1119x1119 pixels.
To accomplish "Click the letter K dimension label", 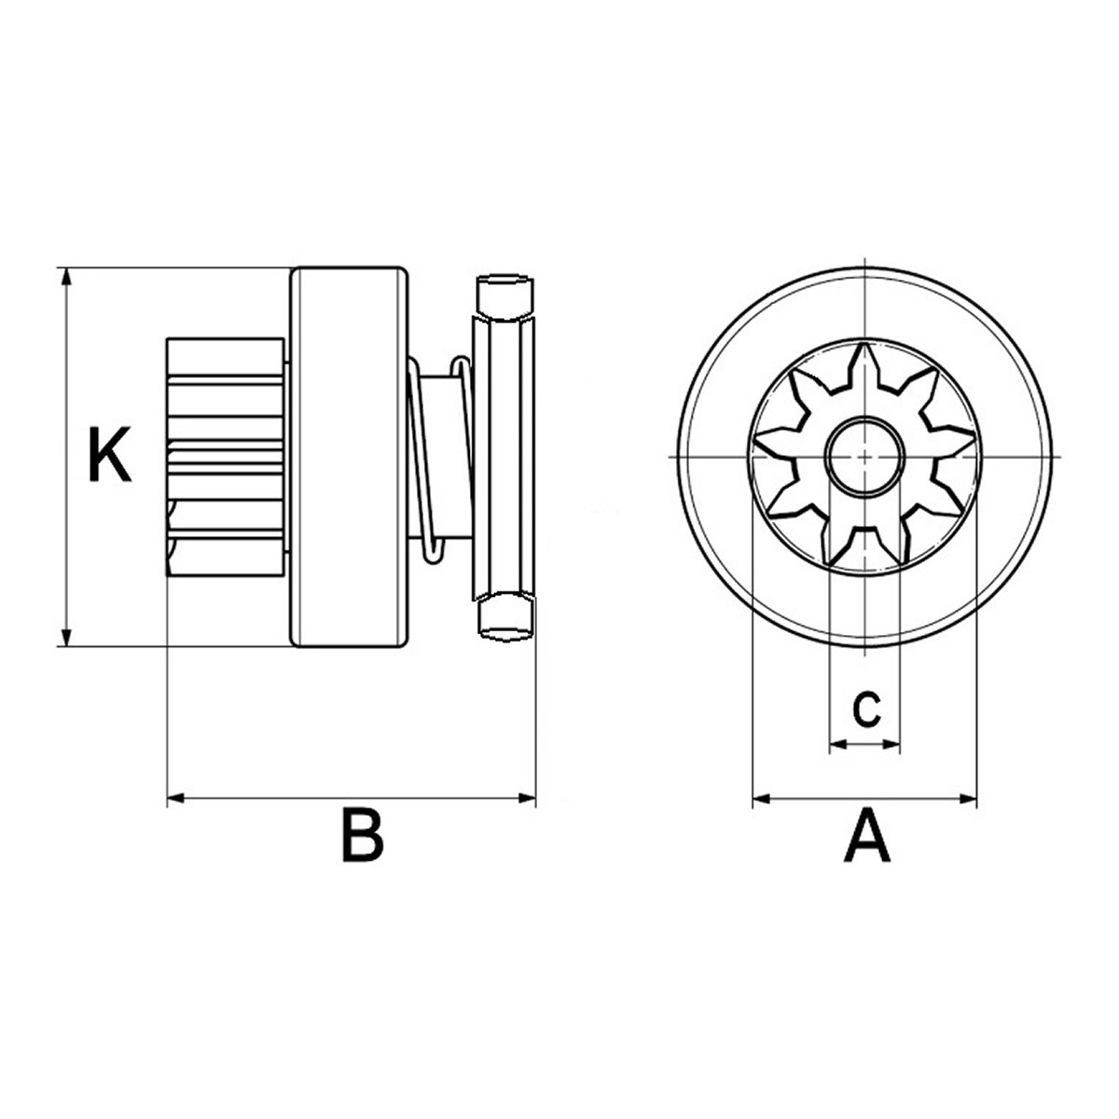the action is [x=110, y=454].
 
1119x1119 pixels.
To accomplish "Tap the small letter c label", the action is [x=866, y=709].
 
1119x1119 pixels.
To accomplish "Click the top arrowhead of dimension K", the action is [x=67, y=277].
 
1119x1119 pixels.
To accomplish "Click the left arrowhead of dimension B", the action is [x=176, y=799].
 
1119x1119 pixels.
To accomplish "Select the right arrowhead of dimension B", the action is [x=526, y=799].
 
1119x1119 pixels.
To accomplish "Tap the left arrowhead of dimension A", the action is [x=761, y=799].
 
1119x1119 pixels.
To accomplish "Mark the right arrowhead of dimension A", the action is [x=967, y=799].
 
